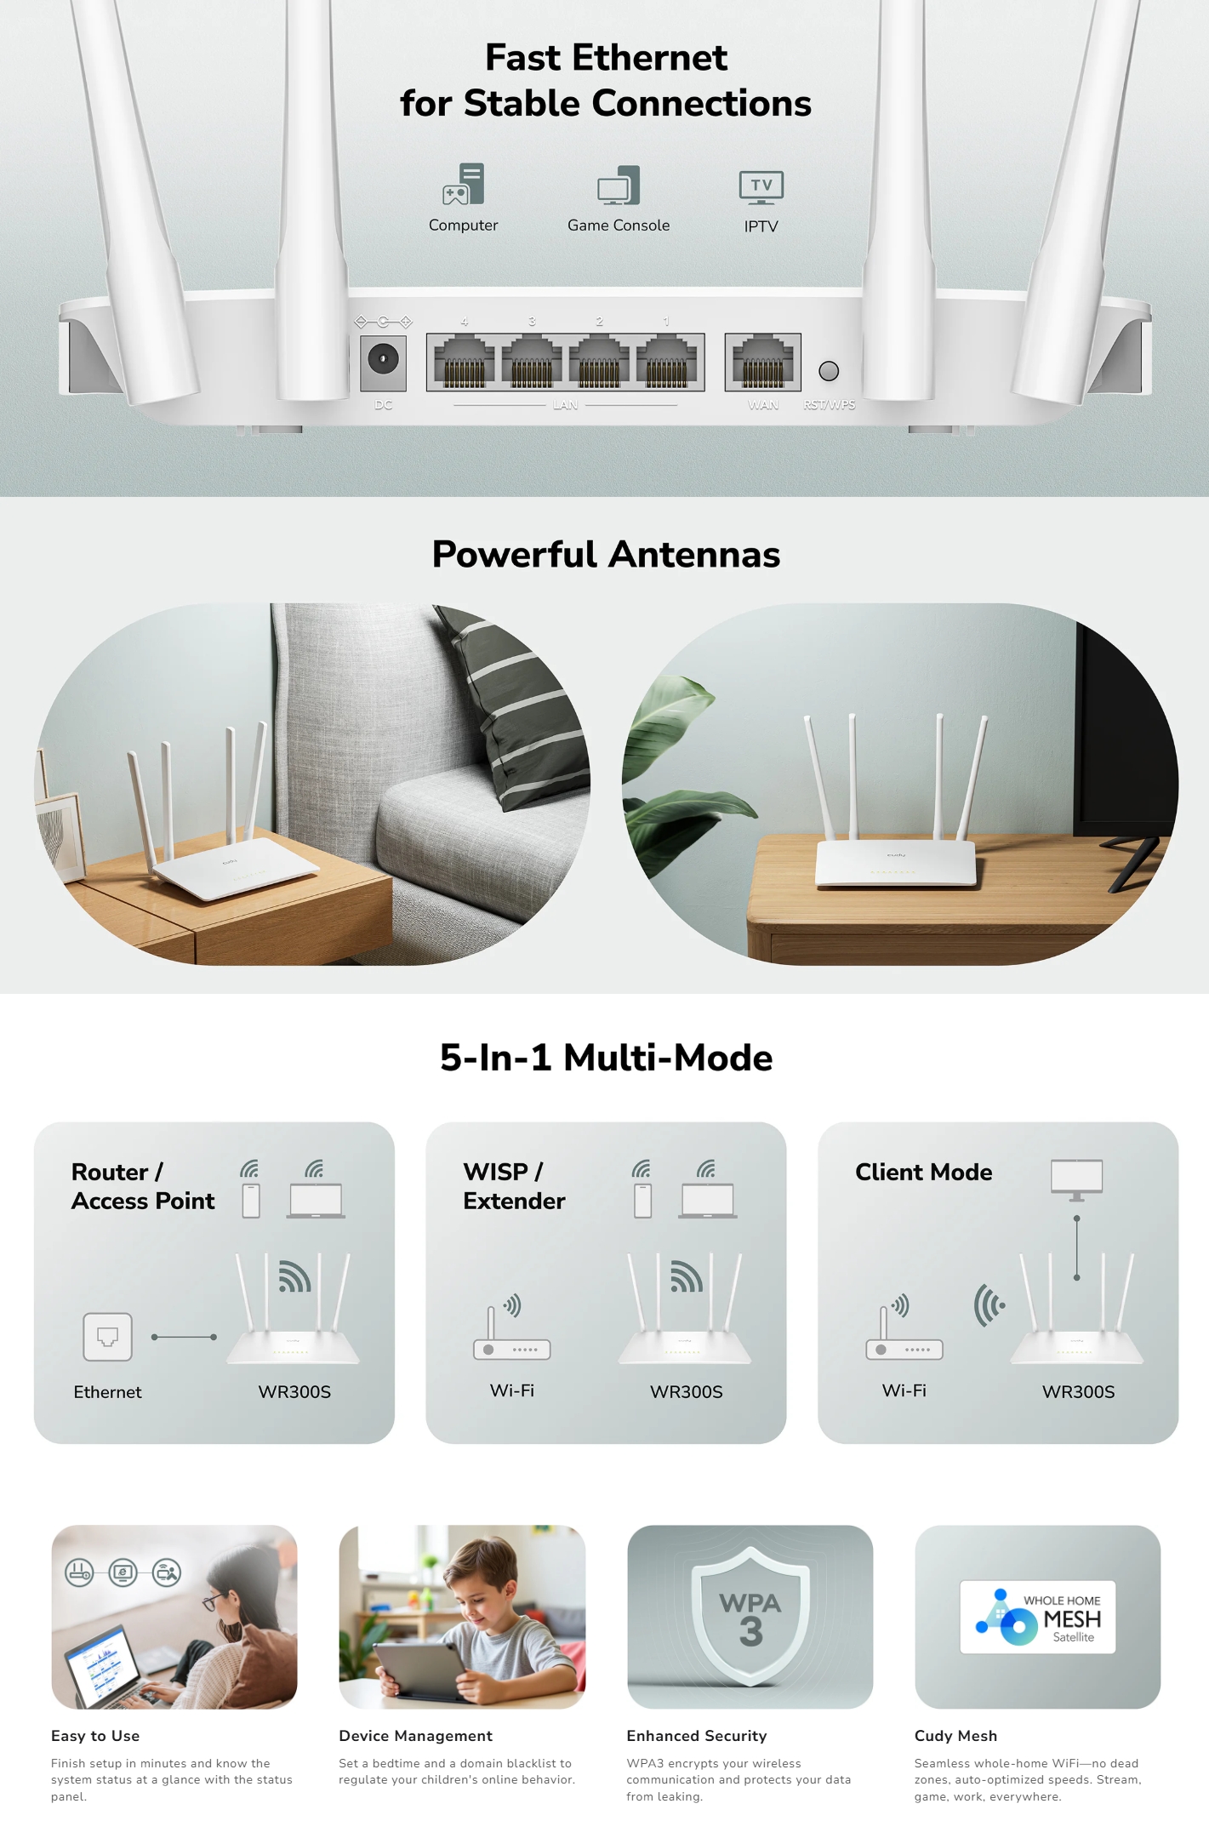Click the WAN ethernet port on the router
762,362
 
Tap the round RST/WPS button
829,371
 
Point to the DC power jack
383,360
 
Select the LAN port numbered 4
464,362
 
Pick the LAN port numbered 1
666,362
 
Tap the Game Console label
619,225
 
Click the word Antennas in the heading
694,555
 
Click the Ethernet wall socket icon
107,1337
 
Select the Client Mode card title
923,1173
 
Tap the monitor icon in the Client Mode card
1076,1179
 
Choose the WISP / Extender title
514,1186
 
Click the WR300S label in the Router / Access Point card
294,1392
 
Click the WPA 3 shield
750,1617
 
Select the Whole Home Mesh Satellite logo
1037,1617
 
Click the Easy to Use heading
95,1736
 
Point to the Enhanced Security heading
696,1736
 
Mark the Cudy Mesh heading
955,1736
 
